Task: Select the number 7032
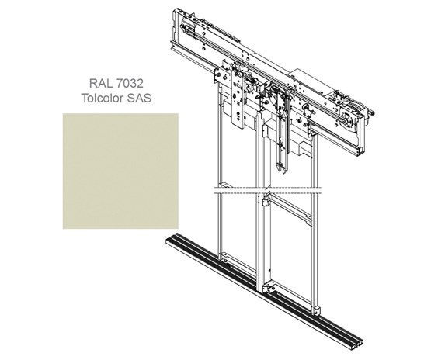click(x=130, y=83)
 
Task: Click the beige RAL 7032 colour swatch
click(x=120, y=171)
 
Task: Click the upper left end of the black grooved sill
click(x=171, y=238)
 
